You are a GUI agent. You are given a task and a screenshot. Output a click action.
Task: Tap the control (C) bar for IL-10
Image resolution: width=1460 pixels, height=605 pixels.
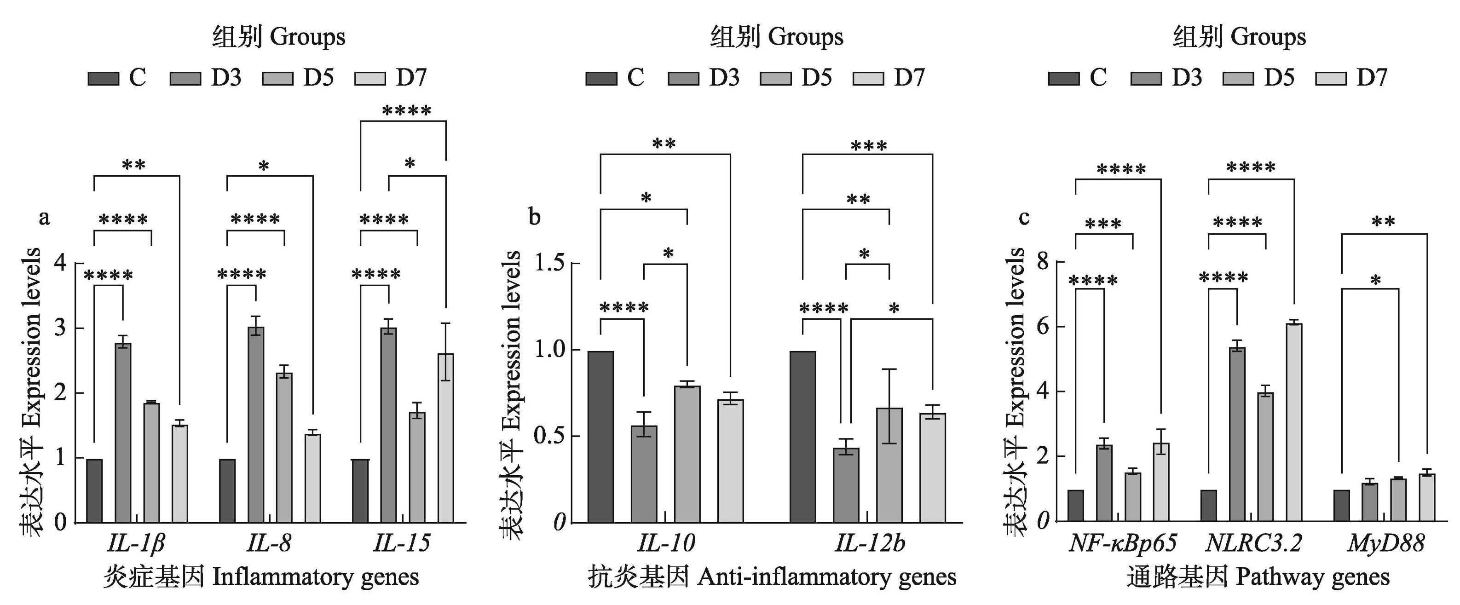[601, 437]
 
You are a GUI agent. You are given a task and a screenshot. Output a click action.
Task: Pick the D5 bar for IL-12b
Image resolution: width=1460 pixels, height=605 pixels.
[889, 465]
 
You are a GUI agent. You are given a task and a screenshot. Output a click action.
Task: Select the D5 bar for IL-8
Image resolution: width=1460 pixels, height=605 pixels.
[284, 448]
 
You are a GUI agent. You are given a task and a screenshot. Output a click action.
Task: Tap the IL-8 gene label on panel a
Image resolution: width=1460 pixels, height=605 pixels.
[269, 544]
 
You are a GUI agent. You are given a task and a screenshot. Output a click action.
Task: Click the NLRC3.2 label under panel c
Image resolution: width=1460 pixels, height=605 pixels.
[1252, 544]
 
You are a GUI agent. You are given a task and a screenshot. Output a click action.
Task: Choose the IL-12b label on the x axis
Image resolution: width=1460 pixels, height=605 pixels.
[870, 544]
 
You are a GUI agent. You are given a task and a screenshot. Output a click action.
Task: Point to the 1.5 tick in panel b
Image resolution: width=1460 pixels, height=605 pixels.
[550, 264]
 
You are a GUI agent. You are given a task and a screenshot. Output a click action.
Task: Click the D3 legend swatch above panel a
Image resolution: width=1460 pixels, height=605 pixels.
[185, 78]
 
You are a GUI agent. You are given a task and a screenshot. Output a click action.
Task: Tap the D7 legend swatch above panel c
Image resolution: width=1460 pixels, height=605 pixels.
[1331, 78]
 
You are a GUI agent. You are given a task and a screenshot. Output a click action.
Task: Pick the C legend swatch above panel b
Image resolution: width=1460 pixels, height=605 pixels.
[601, 78]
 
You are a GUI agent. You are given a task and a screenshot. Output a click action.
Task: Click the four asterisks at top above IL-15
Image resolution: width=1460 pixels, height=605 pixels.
[406, 111]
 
